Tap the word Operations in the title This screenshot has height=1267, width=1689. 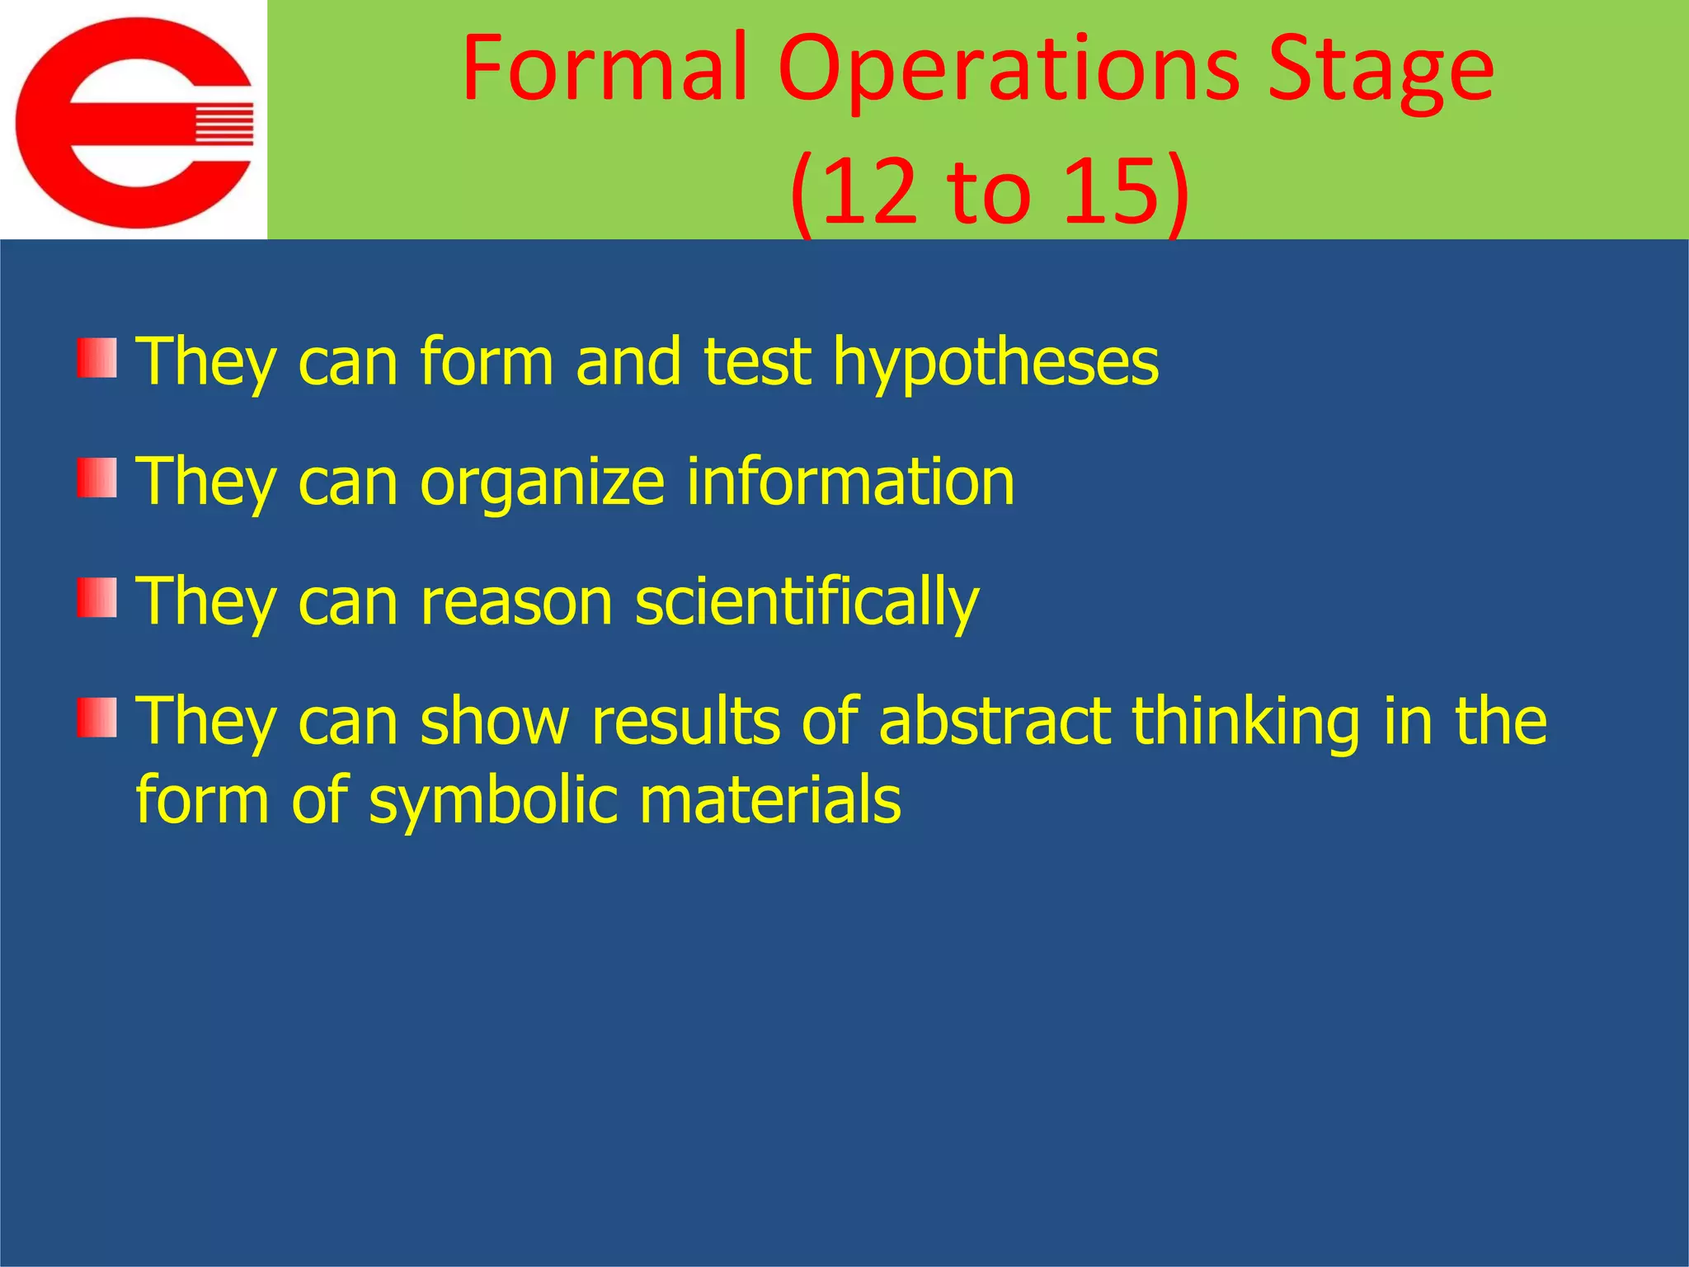point(1008,70)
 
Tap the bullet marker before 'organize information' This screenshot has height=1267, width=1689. point(97,478)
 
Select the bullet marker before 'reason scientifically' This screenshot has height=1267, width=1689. point(97,598)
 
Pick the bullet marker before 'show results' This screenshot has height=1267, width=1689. point(97,717)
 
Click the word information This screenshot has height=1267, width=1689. point(850,482)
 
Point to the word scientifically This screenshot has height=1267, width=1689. point(807,603)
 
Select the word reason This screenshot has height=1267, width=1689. point(516,603)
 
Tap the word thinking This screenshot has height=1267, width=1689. point(1244,723)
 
